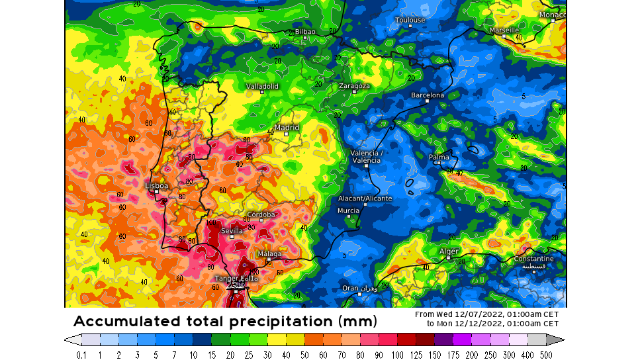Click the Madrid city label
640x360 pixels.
[287, 127]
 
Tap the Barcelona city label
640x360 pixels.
[428, 95]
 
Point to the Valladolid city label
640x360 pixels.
[262, 86]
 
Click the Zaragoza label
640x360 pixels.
[354, 86]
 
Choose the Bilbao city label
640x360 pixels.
[305, 31]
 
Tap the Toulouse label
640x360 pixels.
[410, 20]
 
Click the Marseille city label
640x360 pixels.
[504, 30]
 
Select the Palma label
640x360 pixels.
[439, 157]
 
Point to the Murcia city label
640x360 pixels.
[348, 210]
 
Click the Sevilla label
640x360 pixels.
[232, 231]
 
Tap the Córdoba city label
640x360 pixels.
[261, 214]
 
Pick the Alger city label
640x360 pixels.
[449, 251]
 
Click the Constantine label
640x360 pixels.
[534, 259]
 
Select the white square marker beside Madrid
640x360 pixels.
[286, 134]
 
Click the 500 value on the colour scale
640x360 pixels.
[545, 355]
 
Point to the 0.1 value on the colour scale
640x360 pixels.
[81, 355]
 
